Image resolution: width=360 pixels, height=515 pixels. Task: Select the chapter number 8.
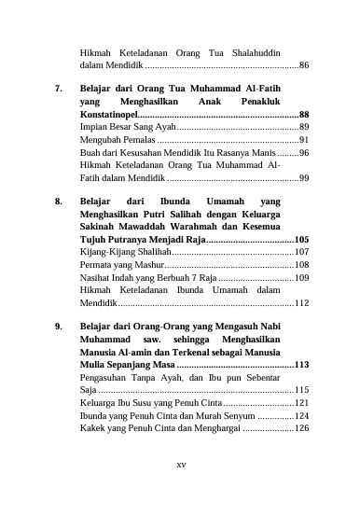tap(59, 201)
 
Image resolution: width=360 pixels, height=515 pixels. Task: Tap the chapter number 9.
tap(59, 327)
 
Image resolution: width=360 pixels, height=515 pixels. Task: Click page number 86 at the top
tap(304, 67)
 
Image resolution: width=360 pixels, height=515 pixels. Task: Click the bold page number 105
tap(301, 240)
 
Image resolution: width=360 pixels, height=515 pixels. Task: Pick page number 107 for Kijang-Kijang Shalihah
tap(301, 252)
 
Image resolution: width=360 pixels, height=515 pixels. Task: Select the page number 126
tap(301, 428)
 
